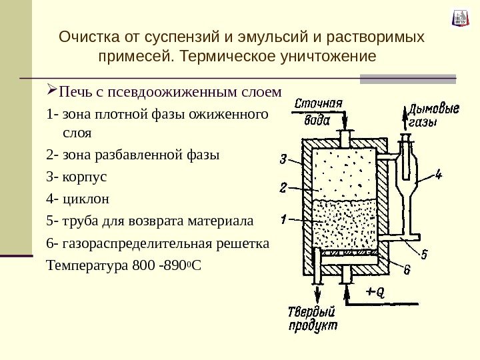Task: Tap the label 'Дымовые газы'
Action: tap(435, 115)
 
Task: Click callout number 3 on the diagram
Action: tap(283, 159)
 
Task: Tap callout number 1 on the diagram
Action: tap(283, 218)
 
